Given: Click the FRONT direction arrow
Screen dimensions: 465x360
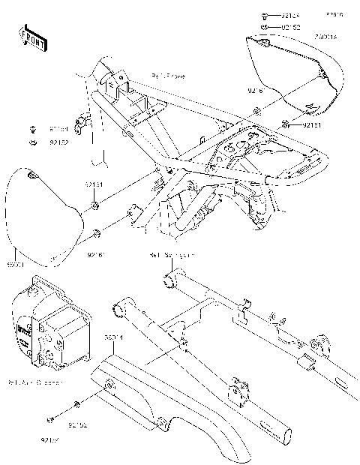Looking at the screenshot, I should (x=32, y=37).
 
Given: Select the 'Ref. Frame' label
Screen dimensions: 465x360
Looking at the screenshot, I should (x=169, y=76).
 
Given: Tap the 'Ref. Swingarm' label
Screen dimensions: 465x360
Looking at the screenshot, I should (x=172, y=256).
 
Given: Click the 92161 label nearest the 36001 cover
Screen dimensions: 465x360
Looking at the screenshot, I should (x=96, y=254).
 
